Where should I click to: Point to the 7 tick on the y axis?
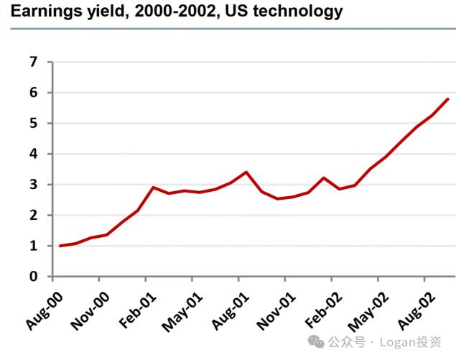[32, 62]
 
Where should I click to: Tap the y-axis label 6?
[32, 93]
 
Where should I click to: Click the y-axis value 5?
[32, 124]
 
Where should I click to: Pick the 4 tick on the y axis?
[32, 154]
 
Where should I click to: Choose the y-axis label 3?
[32, 185]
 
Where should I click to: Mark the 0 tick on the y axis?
[32, 277]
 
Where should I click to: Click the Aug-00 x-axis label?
[45, 307]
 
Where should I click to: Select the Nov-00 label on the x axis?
[90, 308]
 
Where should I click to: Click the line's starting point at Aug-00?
[60, 246]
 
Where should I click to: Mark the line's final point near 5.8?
[449, 99]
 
